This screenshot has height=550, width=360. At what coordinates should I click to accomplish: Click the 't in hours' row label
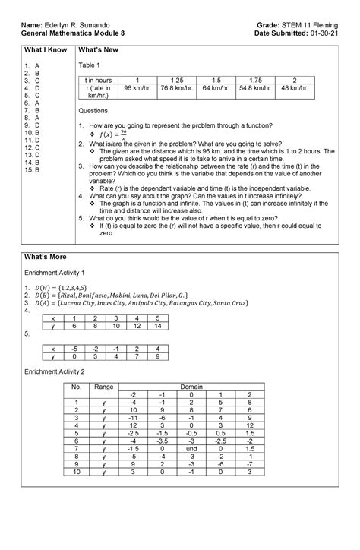click(x=99, y=81)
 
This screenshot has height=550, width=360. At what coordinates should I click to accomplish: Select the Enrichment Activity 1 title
click(x=60, y=272)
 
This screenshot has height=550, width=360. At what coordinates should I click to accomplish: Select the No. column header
click(x=75, y=387)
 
